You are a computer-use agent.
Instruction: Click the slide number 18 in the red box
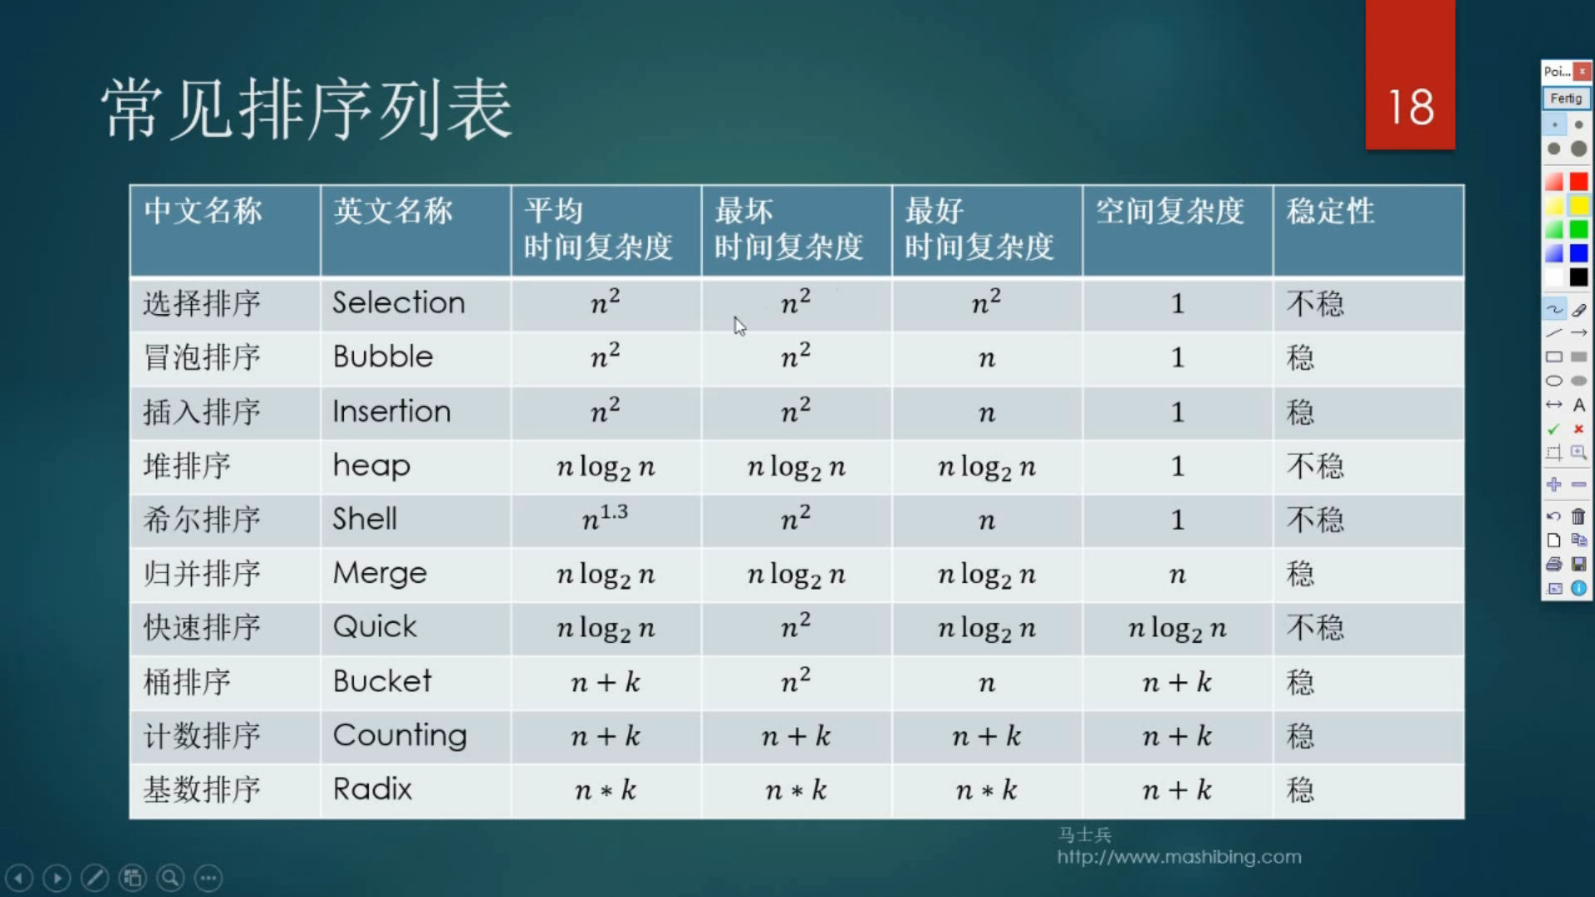coord(1411,107)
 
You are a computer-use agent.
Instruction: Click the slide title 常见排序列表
coord(307,109)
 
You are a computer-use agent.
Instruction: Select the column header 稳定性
coord(1330,211)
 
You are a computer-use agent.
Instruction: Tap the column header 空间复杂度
coord(1170,211)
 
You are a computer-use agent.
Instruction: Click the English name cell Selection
coord(399,302)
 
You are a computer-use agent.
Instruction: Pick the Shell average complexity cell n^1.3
coord(605,518)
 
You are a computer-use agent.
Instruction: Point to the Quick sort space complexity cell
coord(1177,629)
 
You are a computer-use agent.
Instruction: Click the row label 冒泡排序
coord(202,357)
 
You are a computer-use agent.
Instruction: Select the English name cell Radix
coord(372,788)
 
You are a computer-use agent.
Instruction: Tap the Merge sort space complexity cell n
coord(1177,575)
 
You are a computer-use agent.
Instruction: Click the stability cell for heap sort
coord(1315,466)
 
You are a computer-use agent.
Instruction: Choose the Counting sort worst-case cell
coord(796,736)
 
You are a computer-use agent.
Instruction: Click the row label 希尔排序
coord(202,519)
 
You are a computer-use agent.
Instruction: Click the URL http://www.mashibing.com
coord(1179,856)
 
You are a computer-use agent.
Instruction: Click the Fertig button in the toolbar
coord(1566,98)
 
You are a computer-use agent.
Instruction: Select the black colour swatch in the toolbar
coord(1578,277)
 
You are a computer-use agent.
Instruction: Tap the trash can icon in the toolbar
coord(1578,516)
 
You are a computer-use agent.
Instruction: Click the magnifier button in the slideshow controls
coord(170,878)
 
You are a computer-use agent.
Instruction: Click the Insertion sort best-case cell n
coord(986,413)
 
